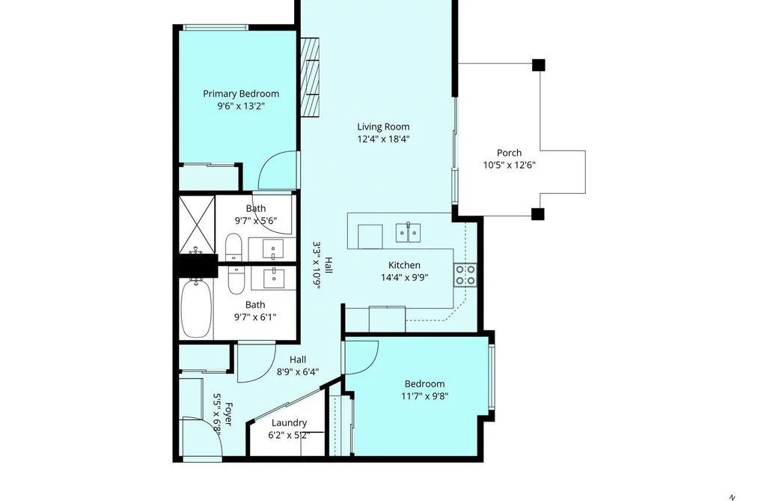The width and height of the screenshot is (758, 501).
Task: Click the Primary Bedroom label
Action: [241, 94]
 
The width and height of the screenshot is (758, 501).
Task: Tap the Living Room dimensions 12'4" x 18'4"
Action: [383, 139]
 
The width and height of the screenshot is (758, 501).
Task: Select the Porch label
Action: [509, 153]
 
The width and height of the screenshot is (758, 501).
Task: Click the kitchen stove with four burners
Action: [465, 275]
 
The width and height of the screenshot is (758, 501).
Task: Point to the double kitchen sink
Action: [408, 232]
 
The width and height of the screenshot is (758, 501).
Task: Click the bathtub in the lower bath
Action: [196, 308]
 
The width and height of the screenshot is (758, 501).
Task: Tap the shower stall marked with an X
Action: [197, 225]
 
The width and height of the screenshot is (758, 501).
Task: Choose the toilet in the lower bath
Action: [236, 280]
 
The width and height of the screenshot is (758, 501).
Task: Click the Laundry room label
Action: [289, 422]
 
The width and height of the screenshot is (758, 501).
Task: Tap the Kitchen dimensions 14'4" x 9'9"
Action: [405, 278]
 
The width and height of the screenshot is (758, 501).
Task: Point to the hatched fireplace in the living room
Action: [310, 77]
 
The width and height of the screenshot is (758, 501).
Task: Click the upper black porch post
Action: [539, 65]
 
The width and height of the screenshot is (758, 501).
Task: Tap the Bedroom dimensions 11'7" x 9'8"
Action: [425, 397]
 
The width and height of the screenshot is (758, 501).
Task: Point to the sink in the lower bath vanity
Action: [274, 276]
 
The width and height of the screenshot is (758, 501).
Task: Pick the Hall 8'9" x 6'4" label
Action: [298, 365]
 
